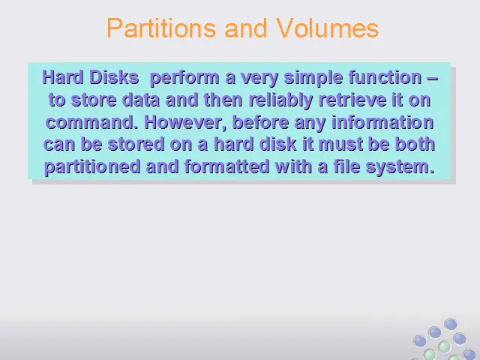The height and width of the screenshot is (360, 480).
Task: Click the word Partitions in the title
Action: tap(161, 28)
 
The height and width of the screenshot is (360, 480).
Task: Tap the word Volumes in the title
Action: tap(327, 28)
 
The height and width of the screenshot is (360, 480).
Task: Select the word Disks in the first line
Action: tap(115, 77)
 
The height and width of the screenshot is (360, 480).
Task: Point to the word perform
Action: tap(185, 78)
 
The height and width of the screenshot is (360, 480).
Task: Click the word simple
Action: tap(313, 78)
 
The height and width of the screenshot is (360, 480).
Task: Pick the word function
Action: tap(385, 77)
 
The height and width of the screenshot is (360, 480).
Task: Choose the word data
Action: tap(141, 100)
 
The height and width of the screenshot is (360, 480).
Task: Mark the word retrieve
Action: tap(352, 100)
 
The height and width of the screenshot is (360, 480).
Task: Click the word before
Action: tap(261, 123)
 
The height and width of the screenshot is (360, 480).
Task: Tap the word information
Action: tap(382, 123)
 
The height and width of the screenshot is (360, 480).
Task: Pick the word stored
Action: tap(136, 145)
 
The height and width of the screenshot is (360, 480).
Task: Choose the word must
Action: tap(340, 145)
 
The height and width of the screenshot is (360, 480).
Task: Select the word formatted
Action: tap(226, 166)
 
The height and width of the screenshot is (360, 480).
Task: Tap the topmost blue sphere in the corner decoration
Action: tap(451, 324)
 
